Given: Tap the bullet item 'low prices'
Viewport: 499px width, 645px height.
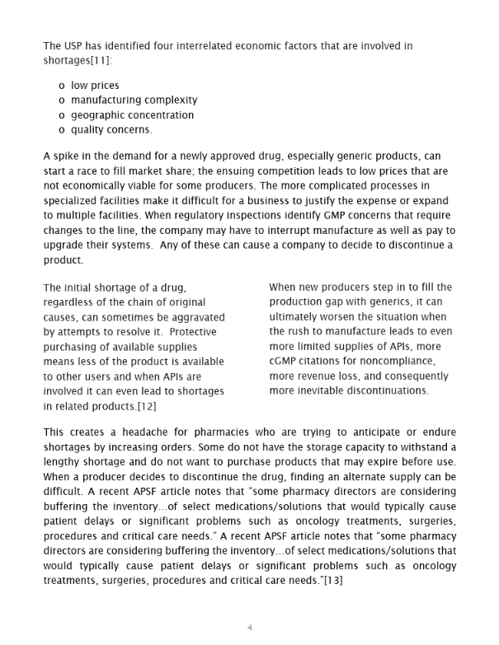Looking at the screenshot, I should tap(95, 85).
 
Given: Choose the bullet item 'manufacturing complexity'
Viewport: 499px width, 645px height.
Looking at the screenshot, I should tap(134, 100).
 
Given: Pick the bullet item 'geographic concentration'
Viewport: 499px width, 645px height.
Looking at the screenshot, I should tap(132, 115).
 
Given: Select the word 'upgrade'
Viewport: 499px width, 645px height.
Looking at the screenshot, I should tap(64, 245).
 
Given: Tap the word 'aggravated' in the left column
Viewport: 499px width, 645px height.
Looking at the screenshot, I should tap(197, 317).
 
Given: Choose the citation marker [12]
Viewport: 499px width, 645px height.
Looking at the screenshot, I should tap(142, 406).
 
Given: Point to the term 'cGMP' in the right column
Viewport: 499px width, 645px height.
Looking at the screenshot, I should tap(285, 362).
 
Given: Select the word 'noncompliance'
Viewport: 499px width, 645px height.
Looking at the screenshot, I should tap(411, 362).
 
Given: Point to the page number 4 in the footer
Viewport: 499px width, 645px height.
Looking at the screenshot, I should tap(249, 628).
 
